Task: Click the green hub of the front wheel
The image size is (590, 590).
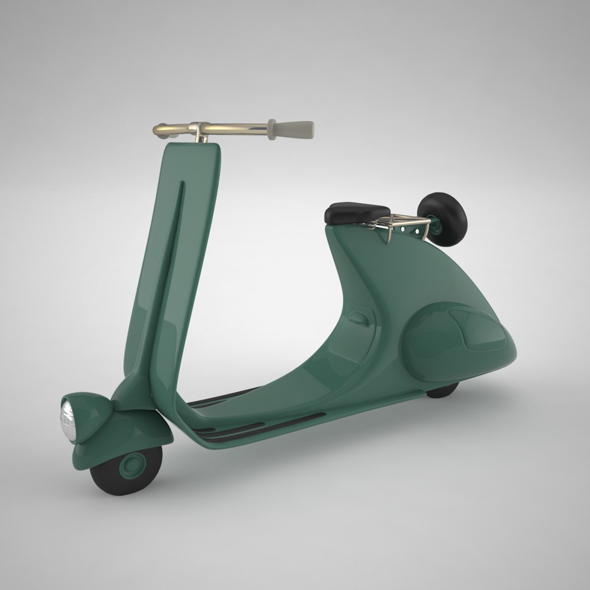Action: [132, 465]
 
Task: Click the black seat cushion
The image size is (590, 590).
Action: [357, 211]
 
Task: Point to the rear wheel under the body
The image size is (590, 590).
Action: [442, 390]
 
